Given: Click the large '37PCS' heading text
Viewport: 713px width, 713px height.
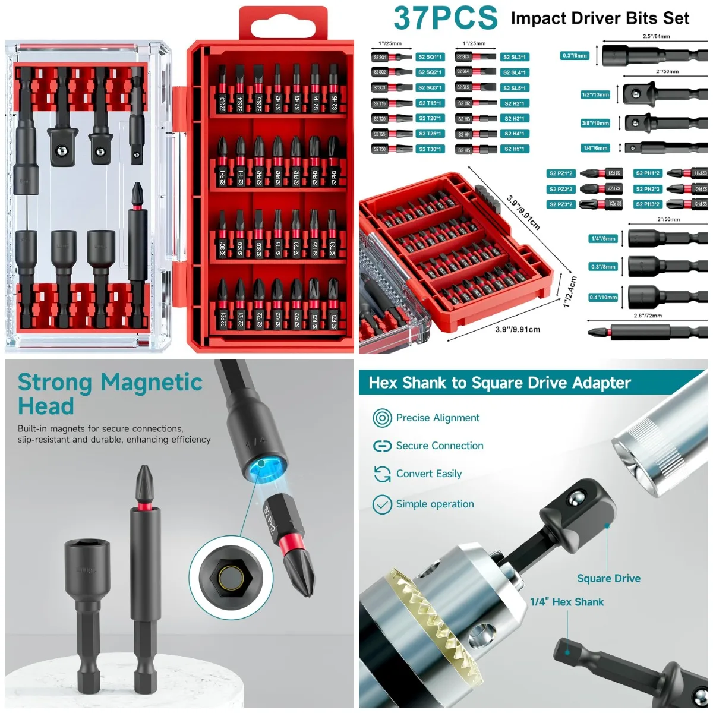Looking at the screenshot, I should click(446, 18).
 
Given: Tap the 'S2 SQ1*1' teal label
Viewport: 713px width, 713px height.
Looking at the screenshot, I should click(430, 57).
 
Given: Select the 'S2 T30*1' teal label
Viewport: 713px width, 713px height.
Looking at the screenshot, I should click(430, 149).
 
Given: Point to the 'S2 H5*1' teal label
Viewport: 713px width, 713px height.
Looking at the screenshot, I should click(514, 149).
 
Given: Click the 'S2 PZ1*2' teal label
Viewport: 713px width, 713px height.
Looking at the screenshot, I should click(561, 173).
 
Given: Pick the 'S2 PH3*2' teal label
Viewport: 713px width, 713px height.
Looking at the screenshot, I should click(648, 204).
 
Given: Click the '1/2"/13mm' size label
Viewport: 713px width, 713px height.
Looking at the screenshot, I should click(595, 95).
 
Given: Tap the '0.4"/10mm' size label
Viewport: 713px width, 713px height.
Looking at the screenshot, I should click(603, 298).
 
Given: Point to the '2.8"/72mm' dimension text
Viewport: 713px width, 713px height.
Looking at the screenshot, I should click(648, 316).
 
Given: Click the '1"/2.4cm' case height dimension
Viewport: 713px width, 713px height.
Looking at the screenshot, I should click(570, 291).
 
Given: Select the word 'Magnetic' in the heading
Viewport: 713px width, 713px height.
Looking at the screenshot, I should click(152, 383).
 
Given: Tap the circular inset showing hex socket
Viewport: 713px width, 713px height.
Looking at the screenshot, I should click(226, 575).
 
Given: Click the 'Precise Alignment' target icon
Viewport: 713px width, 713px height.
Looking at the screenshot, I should click(382, 418).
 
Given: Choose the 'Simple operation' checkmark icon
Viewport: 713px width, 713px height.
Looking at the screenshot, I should click(382, 504).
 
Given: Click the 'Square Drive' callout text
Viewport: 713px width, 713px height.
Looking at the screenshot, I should click(608, 578).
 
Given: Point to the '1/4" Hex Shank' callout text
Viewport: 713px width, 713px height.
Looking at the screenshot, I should click(567, 602).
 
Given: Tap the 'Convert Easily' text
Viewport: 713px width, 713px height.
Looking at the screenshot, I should click(429, 474).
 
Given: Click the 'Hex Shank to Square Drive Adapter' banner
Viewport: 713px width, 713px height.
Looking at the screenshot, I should click(500, 383).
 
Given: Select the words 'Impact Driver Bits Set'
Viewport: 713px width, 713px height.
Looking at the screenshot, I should click(600, 18).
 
